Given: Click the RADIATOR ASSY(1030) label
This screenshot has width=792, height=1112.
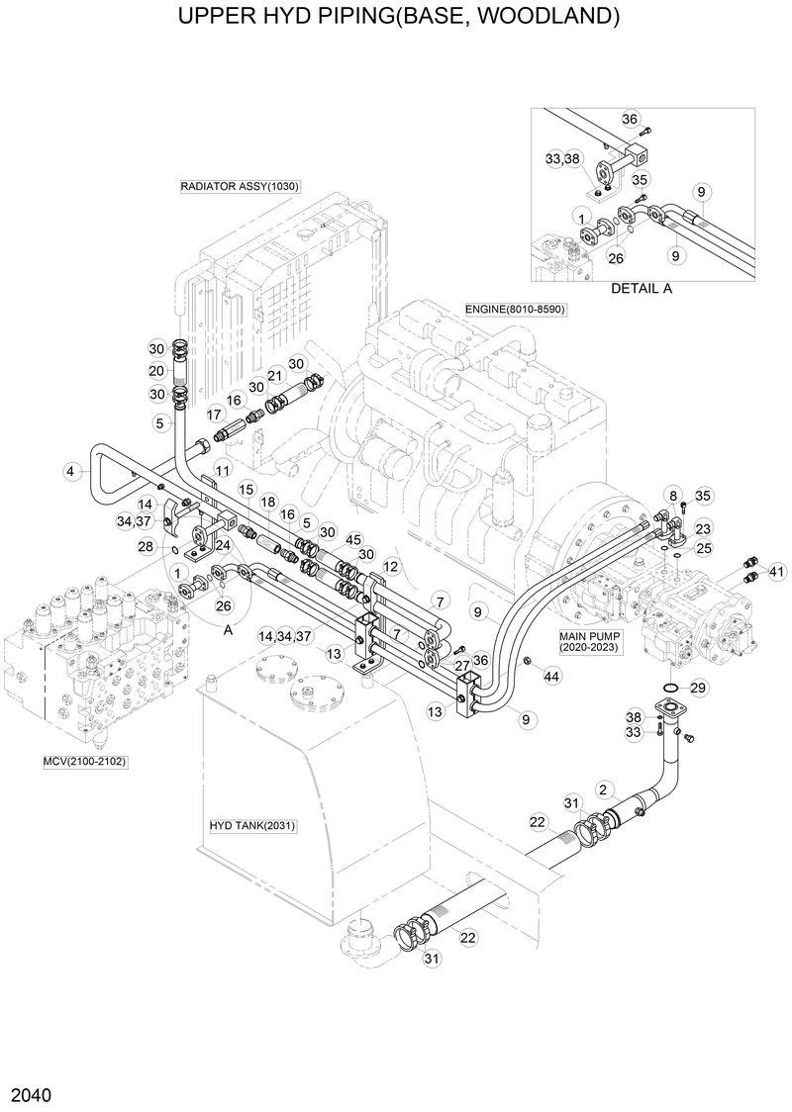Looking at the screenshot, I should tap(240, 186).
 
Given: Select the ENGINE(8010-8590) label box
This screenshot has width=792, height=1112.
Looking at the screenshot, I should tap(515, 310).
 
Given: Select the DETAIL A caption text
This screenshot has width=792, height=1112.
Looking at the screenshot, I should tap(641, 288).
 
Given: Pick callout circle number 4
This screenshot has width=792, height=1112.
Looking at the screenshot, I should tap(71, 472).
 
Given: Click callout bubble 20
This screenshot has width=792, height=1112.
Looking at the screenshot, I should tap(156, 371).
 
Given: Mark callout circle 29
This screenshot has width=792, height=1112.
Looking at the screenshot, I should tap(697, 688).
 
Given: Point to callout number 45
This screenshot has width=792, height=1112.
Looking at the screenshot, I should tap(352, 540).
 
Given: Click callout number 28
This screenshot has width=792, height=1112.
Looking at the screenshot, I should tap(146, 546).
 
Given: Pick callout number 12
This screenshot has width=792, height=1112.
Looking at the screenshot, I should tap(391, 567).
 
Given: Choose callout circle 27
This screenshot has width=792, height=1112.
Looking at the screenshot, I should tap(461, 665).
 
